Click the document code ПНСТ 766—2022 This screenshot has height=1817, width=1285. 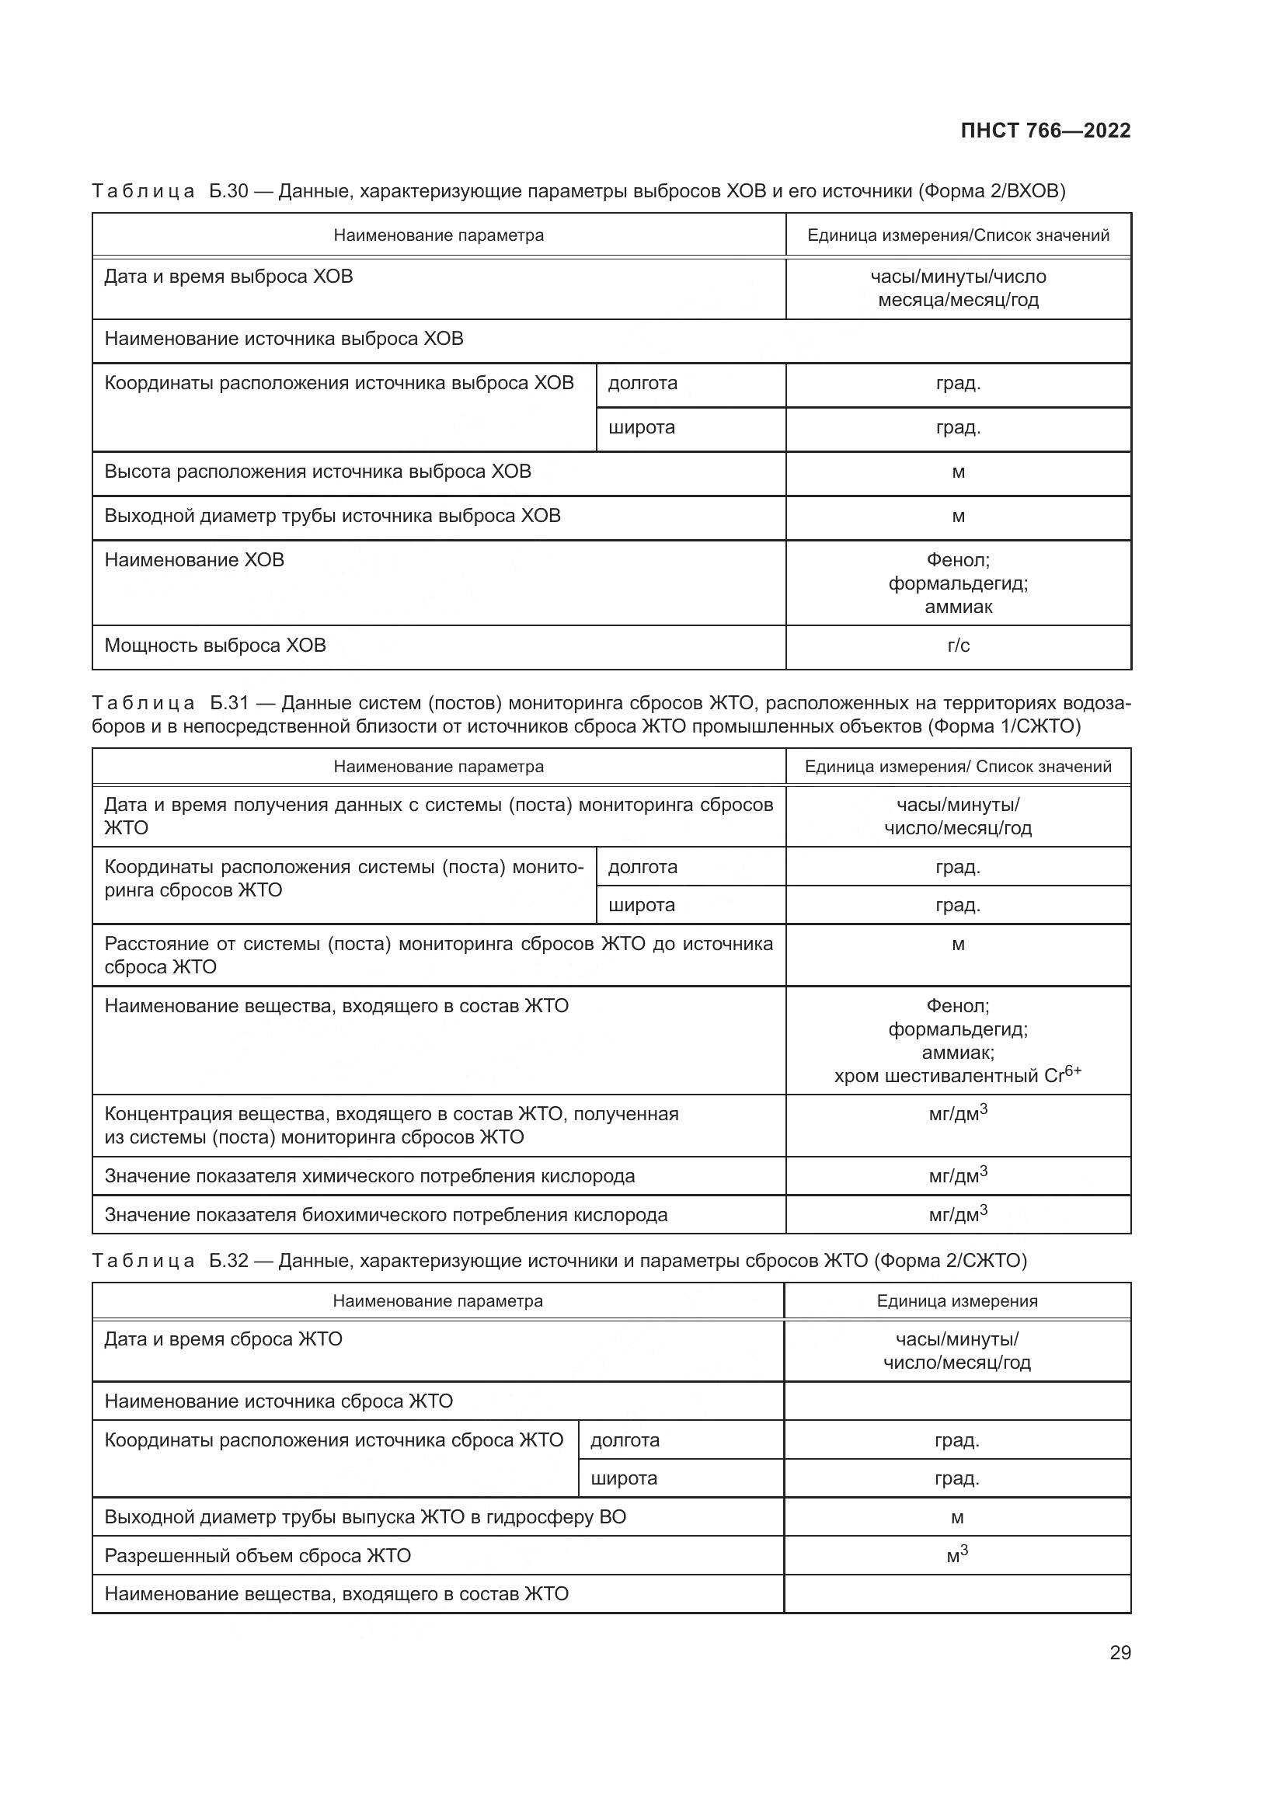pos(1045,131)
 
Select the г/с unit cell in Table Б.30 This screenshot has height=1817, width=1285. pos(957,646)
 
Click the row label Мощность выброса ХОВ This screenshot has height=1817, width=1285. pos(215,646)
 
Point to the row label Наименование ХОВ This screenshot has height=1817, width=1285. pos(194,560)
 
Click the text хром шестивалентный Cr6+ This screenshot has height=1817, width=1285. pos(957,1075)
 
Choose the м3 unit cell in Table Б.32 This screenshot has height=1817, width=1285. pos(956,1555)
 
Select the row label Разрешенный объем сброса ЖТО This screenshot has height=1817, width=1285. pos(258,1556)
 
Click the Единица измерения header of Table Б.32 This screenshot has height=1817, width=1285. pos(956,1301)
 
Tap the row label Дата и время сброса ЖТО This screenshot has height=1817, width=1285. pos(223,1339)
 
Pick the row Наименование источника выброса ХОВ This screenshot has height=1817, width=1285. pos(284,339)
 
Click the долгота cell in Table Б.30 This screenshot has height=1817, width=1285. pos(642,384)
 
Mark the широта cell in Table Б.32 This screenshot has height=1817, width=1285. pos(624,1478)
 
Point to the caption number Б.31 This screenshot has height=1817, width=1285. pos(229,704)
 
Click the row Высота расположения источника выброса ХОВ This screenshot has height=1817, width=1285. pos(318,472)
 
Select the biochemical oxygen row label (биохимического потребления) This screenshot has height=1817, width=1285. pos(386,1215)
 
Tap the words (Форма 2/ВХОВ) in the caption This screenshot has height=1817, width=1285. pos(991,192)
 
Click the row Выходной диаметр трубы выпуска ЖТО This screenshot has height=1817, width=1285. pos(366,1517)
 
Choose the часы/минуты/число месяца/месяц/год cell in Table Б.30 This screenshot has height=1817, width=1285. pos(957,288)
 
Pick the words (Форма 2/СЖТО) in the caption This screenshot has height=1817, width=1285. pos(950,1261)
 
